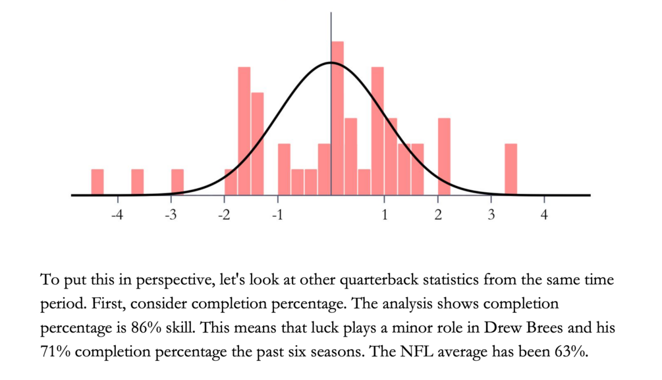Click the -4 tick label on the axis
(117, 215)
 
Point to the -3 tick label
(170, 215)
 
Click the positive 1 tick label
(385, 215)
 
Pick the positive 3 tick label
(491, 215)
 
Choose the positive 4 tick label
(544, 215)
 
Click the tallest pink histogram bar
(338, 118)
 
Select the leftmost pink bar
(97, 182)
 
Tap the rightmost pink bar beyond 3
(511, 169)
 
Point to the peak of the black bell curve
(331, 63)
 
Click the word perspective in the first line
(168, 281)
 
